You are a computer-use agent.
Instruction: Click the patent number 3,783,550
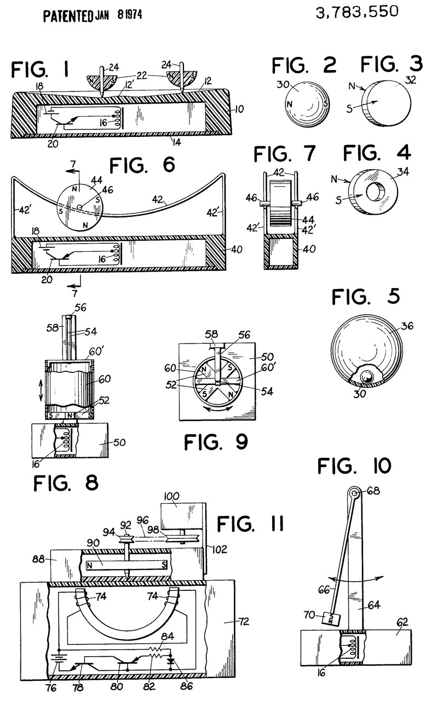[357, 12]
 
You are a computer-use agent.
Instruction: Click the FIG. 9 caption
[216, 442]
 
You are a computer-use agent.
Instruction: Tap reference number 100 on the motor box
[172, 496]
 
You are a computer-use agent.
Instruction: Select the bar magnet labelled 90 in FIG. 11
[126, 565]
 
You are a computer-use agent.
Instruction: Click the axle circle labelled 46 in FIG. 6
[80, 206]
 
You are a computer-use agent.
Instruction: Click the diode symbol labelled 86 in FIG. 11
[170, 660]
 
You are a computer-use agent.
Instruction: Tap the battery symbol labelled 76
[58, 658]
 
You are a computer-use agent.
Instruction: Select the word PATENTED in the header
[68, 16]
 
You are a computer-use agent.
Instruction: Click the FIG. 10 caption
[354, 466]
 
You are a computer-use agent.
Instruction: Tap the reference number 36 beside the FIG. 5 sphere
[407, 326]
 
